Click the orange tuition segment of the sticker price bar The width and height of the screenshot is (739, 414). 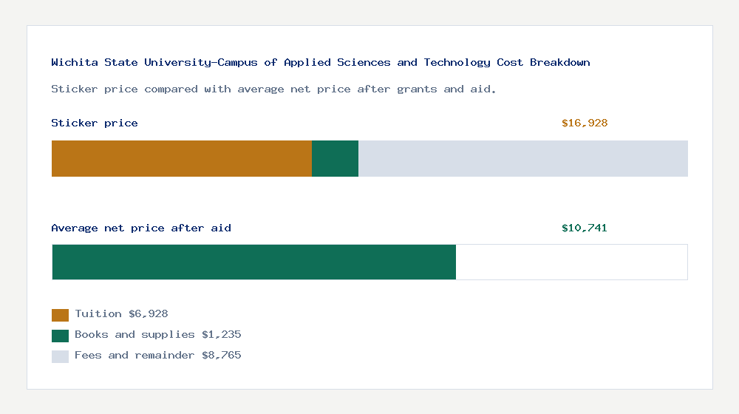(x=182, y=158)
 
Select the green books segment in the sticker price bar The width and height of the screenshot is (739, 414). (x=335, y=158)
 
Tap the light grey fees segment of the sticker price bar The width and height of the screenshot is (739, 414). (x=523, y=158)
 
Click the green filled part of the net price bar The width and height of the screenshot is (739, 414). (x=254, y=262)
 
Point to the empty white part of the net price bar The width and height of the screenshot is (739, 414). (x=572, y=262)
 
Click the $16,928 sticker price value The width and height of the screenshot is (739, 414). (x=585, y=123)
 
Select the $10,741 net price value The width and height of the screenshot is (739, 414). (x=585, y=228)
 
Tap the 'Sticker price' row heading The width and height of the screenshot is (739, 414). (x=95, y=123)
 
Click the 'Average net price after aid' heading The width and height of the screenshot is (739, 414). (x=141, y=228)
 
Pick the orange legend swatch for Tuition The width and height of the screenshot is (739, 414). (x=61, y=315)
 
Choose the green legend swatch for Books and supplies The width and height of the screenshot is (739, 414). (x=61, y=336)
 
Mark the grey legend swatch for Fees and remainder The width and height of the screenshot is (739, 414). (x=61, y=356)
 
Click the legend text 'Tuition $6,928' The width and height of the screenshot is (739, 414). (x=122, y=314)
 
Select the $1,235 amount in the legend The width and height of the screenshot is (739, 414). (x=222, y=335)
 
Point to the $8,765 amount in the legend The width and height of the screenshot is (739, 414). (x=222, y=356)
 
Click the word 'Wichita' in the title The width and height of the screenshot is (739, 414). (x=75, y=62)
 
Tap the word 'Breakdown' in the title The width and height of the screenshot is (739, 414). (x=560, y=62)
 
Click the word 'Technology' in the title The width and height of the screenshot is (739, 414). (x=457, y=63)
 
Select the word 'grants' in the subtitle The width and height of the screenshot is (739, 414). (x=417, y=89)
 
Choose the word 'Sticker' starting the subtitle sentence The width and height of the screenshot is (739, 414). (x=75, y=89)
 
